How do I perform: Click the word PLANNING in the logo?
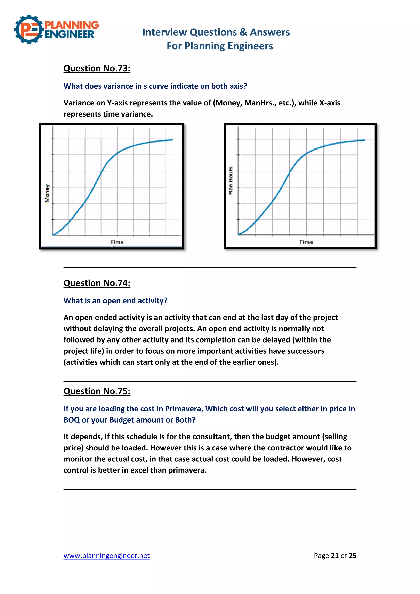72,25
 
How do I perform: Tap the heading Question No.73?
97,68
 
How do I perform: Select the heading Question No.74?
97,283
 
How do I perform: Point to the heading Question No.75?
97,391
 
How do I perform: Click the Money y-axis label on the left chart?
47,193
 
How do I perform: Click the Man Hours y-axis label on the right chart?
231,180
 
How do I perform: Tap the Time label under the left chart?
117,242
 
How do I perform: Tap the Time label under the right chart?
306,242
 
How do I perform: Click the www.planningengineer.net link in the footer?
107,555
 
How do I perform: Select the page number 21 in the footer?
335,555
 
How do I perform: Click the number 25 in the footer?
353,555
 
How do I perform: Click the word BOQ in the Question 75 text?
72,420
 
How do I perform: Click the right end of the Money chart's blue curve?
172,140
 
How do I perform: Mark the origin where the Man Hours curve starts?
239,235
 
